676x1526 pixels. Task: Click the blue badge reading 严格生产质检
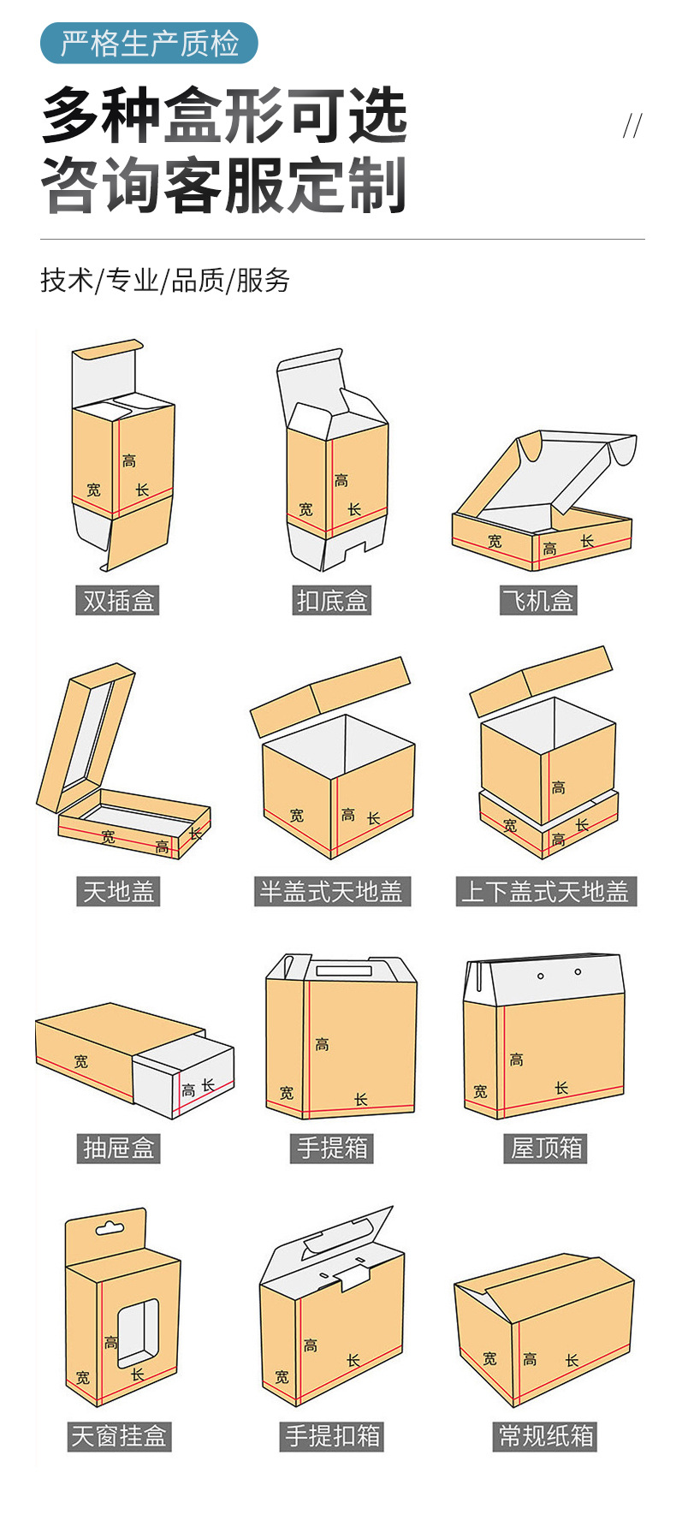(x=149, y=43)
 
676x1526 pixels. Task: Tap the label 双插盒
(x=118, y=601)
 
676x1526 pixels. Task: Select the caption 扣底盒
(x=332, y=601)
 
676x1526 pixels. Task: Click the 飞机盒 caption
(x=538, y=601)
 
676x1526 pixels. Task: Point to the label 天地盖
(x=118, y=892)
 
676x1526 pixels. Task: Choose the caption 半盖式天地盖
(x=332, y=892)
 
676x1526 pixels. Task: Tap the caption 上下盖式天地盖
(x=546, y=892)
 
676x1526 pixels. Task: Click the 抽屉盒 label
(x=118, y=1148)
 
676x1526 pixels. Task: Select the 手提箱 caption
(x=332, y=1148)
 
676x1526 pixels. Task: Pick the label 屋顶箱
(x=546, y=1148)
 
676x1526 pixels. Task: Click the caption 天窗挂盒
(x=119, y=1435)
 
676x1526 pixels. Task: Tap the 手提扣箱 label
(x=332, y=1435)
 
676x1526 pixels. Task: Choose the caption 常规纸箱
(x=546, y=1435)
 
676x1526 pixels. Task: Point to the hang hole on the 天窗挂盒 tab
(x=109, y=1229)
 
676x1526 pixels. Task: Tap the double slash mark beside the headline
(x=632, y=127)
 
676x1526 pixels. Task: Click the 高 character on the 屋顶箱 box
(x=516, y=1060)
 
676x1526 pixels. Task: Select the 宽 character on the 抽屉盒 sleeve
(x=80, y=1061)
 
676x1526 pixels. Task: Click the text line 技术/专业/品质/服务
(x=165, y=280)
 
